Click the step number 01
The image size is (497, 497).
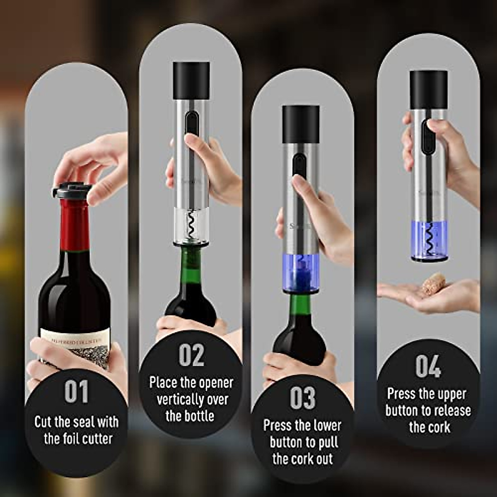tap(77, 391)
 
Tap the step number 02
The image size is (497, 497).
tap(191, 355)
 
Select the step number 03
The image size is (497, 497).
tap(303, 398)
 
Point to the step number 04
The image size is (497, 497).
tap(428, 367)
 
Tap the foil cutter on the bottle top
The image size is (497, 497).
tap(71, 191)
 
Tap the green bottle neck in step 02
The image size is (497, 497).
tap(191, 265)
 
